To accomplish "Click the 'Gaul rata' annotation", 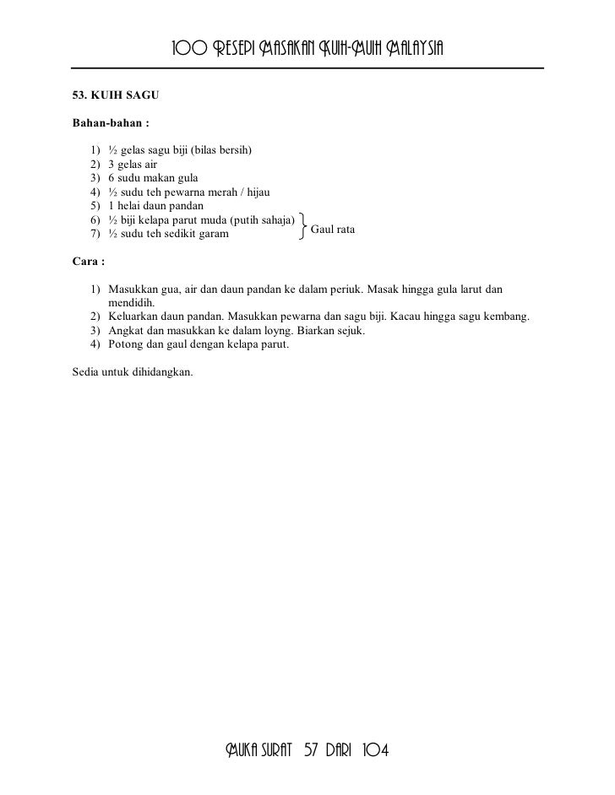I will pos(334,230).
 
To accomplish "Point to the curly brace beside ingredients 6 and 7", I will pos(302,226).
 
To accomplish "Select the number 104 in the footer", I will pos(374,750).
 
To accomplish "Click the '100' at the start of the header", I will pos(188,46).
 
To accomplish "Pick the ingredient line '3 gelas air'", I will pos(132,165).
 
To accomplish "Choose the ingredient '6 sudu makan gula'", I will pos(153,178).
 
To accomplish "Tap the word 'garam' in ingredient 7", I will pos(212,233).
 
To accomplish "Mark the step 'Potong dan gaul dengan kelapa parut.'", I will pos(199,344).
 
